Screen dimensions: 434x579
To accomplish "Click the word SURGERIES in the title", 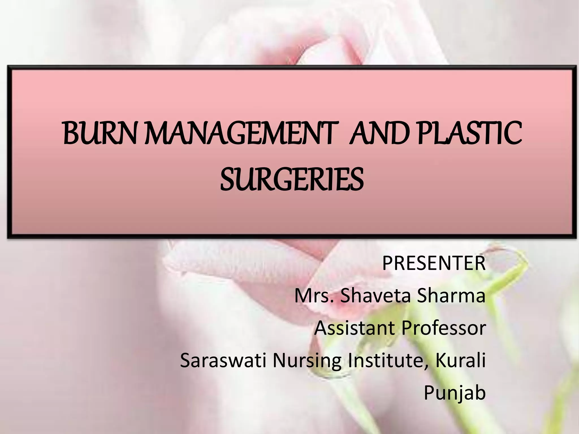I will coord(292,179).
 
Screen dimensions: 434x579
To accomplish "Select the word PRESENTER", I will coord(434,263).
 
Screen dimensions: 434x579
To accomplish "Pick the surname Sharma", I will coord(451,296).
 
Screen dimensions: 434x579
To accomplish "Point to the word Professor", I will coord(443,328).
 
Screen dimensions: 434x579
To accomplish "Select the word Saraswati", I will coord(223,361).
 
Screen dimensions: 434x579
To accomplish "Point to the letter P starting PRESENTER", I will coord(388,263).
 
